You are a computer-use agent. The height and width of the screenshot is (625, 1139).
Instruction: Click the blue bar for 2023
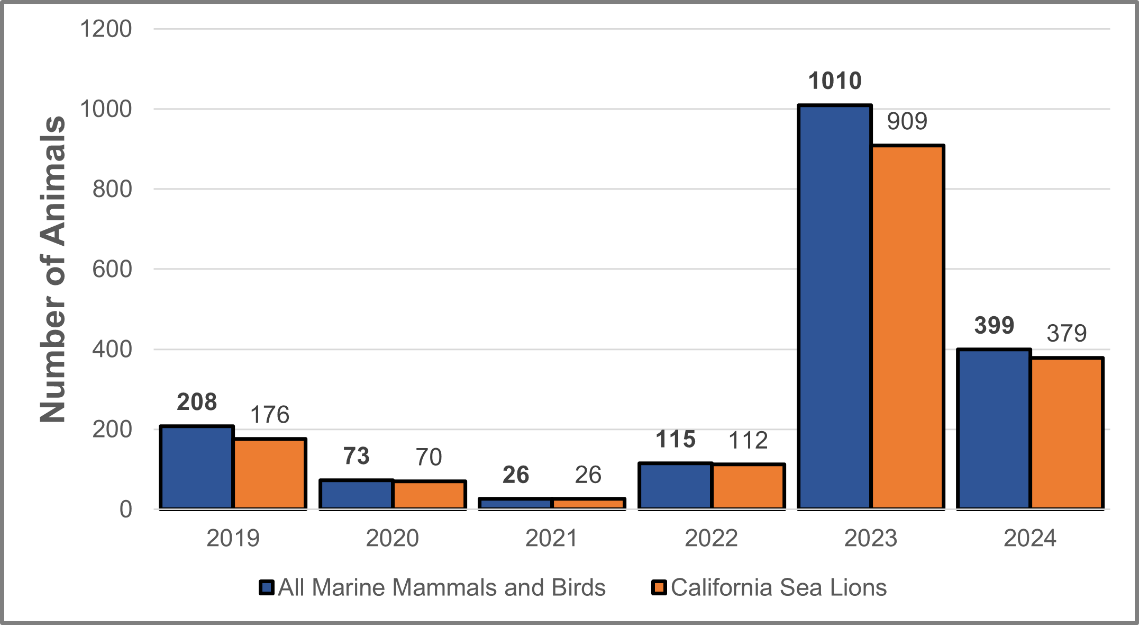[x=835, y=307]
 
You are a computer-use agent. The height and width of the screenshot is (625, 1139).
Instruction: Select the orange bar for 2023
[x=908, y=327]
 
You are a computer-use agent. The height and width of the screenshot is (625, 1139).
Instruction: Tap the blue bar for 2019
[x=197, y=467]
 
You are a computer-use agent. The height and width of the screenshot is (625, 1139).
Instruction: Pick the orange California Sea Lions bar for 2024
[x=1067, y=433]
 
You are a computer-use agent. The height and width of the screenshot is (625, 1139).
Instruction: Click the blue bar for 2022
[x=675, y=486]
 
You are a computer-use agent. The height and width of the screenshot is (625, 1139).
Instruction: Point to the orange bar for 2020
[x=429, y=495]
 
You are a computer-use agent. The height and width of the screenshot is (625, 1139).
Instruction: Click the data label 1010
[x=835, y=81]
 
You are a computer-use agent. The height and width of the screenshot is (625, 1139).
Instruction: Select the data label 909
[x=907, y=121]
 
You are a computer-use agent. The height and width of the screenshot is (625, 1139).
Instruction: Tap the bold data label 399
[x=994, y=325]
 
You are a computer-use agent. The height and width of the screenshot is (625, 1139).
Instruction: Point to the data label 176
[x=270, y=415]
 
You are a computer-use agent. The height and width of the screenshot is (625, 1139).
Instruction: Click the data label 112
[x=748, y=440]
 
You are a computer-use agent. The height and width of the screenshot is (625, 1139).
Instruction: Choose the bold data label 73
[x=356, y=456]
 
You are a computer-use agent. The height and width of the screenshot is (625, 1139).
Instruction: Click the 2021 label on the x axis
[x=551, y=538]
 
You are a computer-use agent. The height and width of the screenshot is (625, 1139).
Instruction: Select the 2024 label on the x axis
[x=1030, y=538]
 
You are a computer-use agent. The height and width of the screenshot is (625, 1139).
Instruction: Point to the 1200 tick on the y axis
[x=106, y=29]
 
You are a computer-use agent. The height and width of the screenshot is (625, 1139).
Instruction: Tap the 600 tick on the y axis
[x=112, y=269]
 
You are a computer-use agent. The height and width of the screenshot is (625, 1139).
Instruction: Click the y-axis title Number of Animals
[x=53, y=269]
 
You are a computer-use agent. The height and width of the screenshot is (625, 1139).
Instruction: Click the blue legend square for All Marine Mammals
[x=267, y=587]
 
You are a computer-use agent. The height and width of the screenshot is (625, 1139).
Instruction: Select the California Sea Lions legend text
[x=779, y=587]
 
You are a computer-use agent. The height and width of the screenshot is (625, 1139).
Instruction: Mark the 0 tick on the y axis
[x=126, y=510]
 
